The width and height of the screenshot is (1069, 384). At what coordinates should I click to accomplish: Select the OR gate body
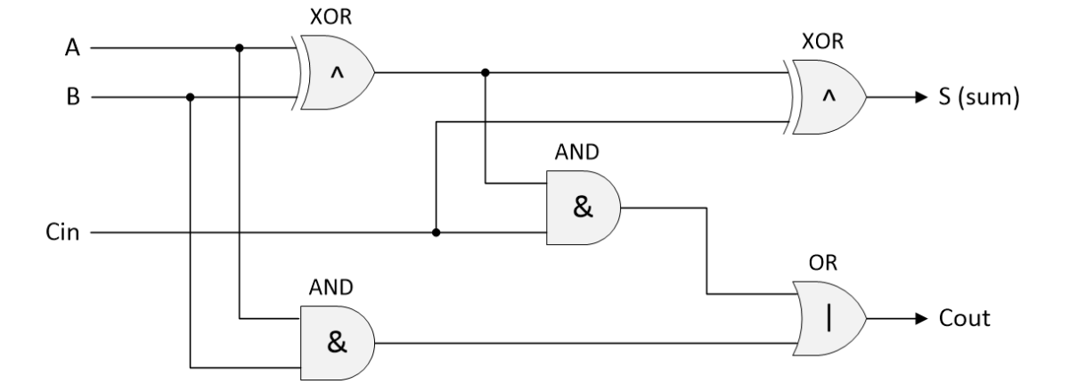click(x=826, y=318)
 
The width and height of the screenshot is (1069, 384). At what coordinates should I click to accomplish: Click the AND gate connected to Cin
click(x=582, y=209)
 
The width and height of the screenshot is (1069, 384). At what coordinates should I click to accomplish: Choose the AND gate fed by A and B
click(x=336, y=341)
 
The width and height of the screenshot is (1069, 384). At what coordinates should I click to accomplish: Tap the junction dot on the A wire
click(x=239, y=48)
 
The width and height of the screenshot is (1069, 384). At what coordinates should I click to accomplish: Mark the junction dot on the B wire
click(x=190, y=96)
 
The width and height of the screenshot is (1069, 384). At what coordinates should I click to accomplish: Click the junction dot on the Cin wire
click(x=436, y=233)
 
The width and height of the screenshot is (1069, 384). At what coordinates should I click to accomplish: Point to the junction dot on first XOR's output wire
click(x=485, y=72)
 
